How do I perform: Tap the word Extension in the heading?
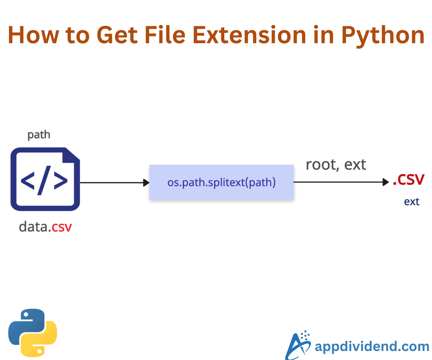pos(249,35)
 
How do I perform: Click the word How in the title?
pos(33,35)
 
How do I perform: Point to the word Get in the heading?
pos(117,35)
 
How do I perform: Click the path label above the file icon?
pos(39,135)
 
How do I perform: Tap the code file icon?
pos(45,179)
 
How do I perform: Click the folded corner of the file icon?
pos(71,156)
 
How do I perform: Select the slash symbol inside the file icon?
pos(44,180)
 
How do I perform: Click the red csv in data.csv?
pos(62,227)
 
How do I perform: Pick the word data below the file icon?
pos(33,226)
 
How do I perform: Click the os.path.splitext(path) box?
pos(221,182)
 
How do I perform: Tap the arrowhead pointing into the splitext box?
pos(146,183)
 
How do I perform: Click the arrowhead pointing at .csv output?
pos(386,182)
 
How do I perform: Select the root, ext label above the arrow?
pos(336,165)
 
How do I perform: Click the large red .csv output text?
pos(408,179)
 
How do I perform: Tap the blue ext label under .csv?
pos(411,202)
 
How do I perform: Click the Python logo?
pos(33,333)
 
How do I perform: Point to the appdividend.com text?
pos(372,347)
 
